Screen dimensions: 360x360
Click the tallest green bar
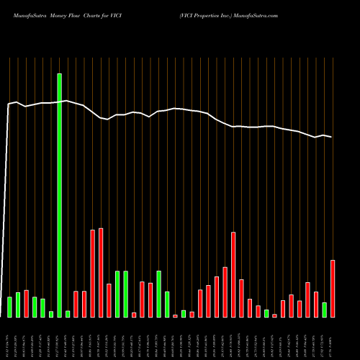[59, 195]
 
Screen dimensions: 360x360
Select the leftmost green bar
[9, 307]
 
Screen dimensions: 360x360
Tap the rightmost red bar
[333, 288]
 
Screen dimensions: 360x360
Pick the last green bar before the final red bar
[324, 310]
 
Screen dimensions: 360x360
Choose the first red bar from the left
[26, 303]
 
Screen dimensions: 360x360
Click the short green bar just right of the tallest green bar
[68, 313]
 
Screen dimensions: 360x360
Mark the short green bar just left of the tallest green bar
[51, 313]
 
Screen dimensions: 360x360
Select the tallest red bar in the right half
[233, 274]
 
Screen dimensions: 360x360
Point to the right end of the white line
[332, 137]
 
